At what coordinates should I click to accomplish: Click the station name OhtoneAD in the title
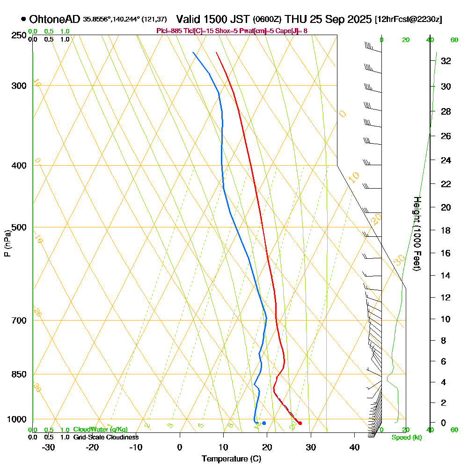point(55,19)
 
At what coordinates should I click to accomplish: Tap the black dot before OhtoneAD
point(23,19)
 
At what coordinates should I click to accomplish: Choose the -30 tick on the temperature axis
point(49,447)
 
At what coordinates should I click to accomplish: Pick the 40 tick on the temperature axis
point(354,447)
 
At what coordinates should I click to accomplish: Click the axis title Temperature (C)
point(231,459)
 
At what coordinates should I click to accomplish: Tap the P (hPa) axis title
point(7,243)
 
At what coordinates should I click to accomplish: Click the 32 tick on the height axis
point(446,61)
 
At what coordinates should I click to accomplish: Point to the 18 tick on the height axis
point(446,230)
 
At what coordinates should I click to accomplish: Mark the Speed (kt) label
point(406,437)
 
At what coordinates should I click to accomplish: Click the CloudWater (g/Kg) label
point(100,430)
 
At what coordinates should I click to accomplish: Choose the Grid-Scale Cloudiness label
point(105,437)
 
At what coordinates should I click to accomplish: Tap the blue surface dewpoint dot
point(264,423)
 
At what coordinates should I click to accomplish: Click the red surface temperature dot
point(300,423)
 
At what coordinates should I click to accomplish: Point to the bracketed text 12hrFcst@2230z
point(409,19)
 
